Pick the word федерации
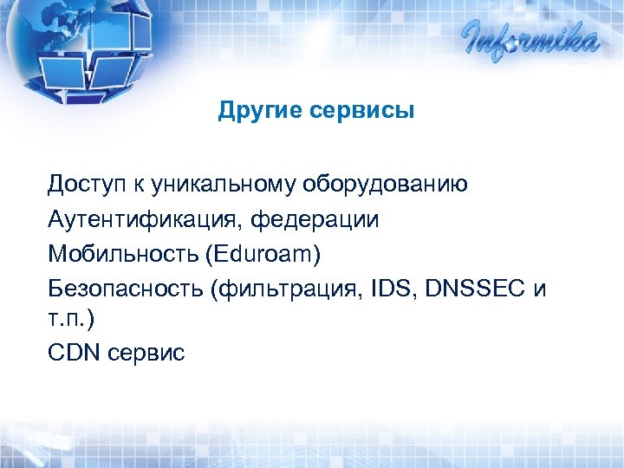point(315,219)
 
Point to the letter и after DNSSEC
point(540,288)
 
